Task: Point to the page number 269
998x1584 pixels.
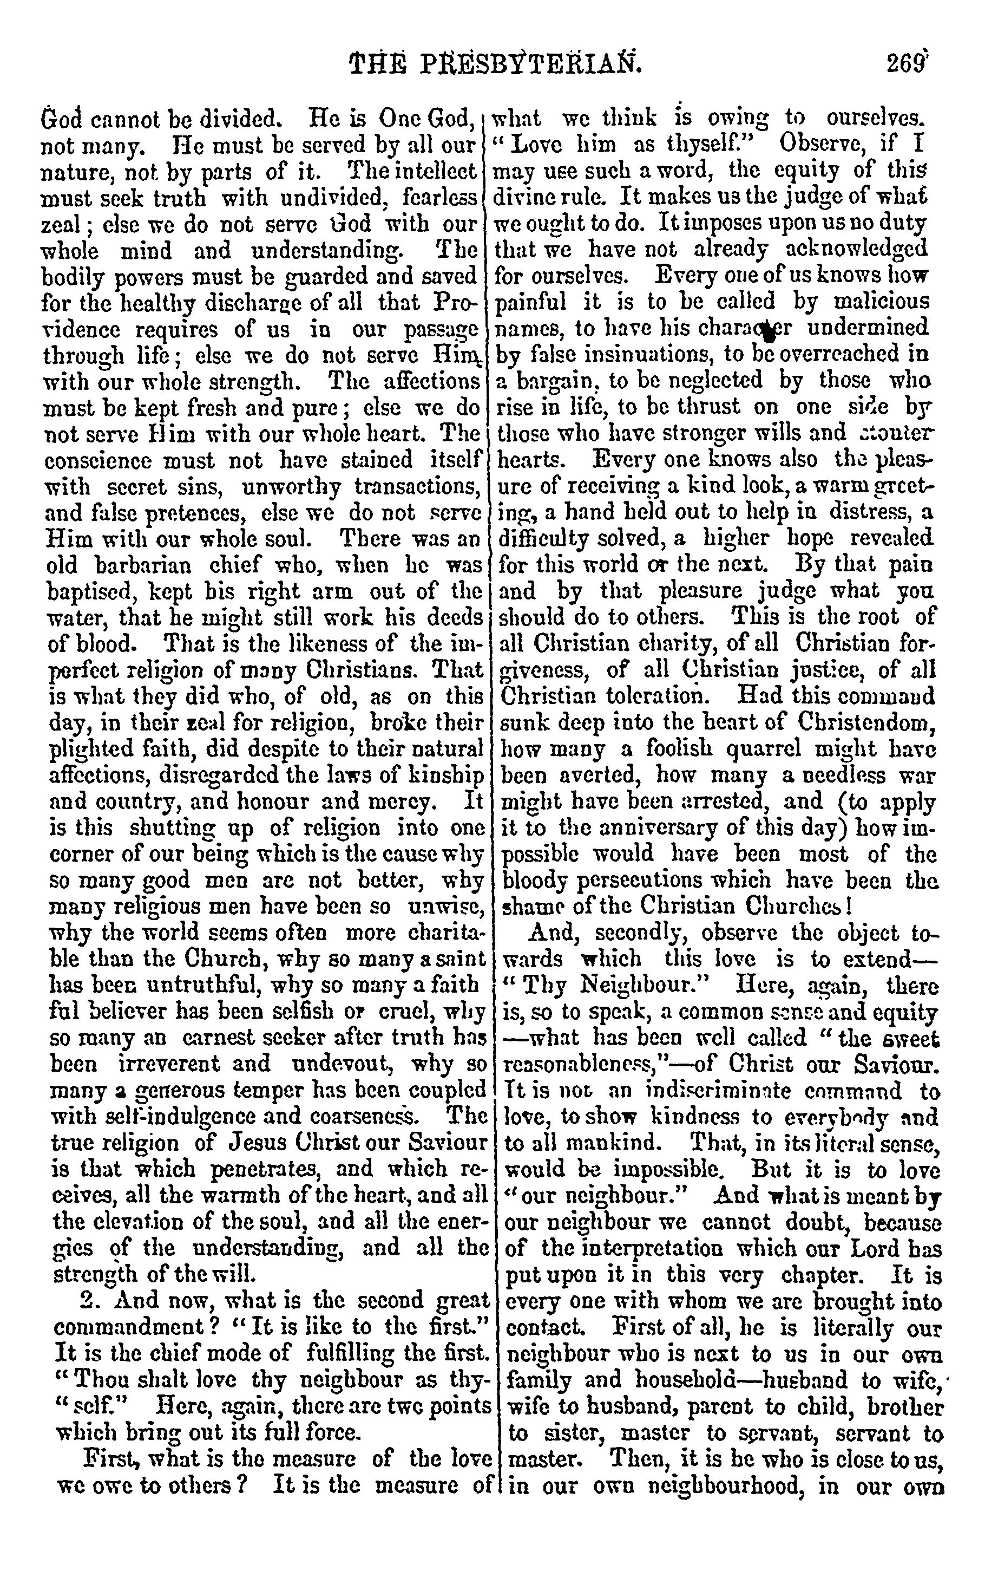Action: (x=907, y=64)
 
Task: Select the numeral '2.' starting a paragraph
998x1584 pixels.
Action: (x=89, y=1302)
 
